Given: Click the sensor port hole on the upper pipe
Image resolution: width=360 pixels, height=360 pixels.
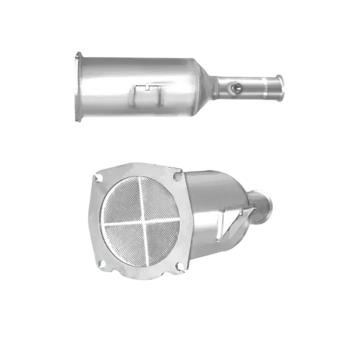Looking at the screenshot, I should point(237,88).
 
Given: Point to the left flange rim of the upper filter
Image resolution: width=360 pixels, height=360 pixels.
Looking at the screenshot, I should point(78,87).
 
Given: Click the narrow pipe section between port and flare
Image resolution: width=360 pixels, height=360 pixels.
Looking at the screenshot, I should point(259,88).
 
